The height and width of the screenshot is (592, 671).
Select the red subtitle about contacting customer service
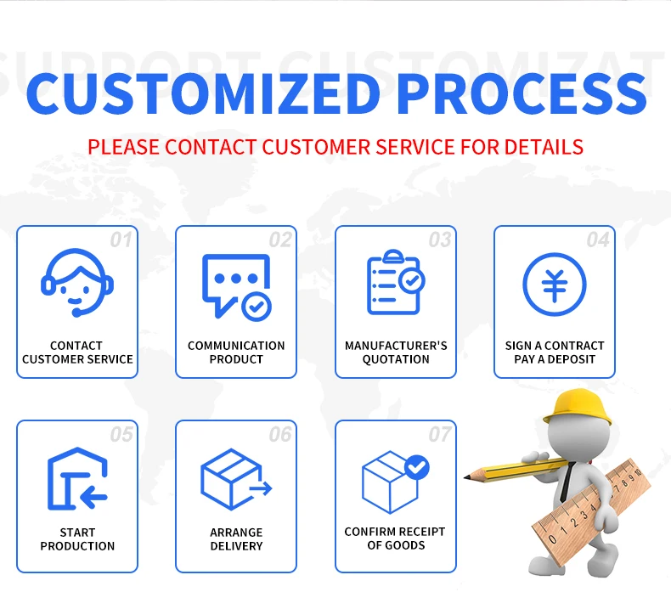pos(335,146)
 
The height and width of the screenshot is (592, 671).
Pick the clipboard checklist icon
pos(395,283)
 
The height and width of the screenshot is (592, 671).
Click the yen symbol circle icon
pos(554,284)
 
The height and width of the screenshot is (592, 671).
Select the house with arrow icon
pos(76,479)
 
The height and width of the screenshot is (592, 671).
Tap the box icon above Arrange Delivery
pos(235,479)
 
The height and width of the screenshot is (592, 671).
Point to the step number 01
pos(121,240)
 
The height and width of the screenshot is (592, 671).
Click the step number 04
pos(598,240)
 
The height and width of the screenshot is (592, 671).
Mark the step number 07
pos(440,435)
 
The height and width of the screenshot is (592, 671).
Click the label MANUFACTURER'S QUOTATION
pos(396,352)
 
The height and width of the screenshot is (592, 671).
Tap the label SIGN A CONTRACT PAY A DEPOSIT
pos(555,352)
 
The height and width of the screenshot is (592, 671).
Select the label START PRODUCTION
pos(77,539)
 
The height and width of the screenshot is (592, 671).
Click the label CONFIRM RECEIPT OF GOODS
pos(395,538)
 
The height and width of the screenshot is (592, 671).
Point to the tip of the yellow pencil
pos(466,477)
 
